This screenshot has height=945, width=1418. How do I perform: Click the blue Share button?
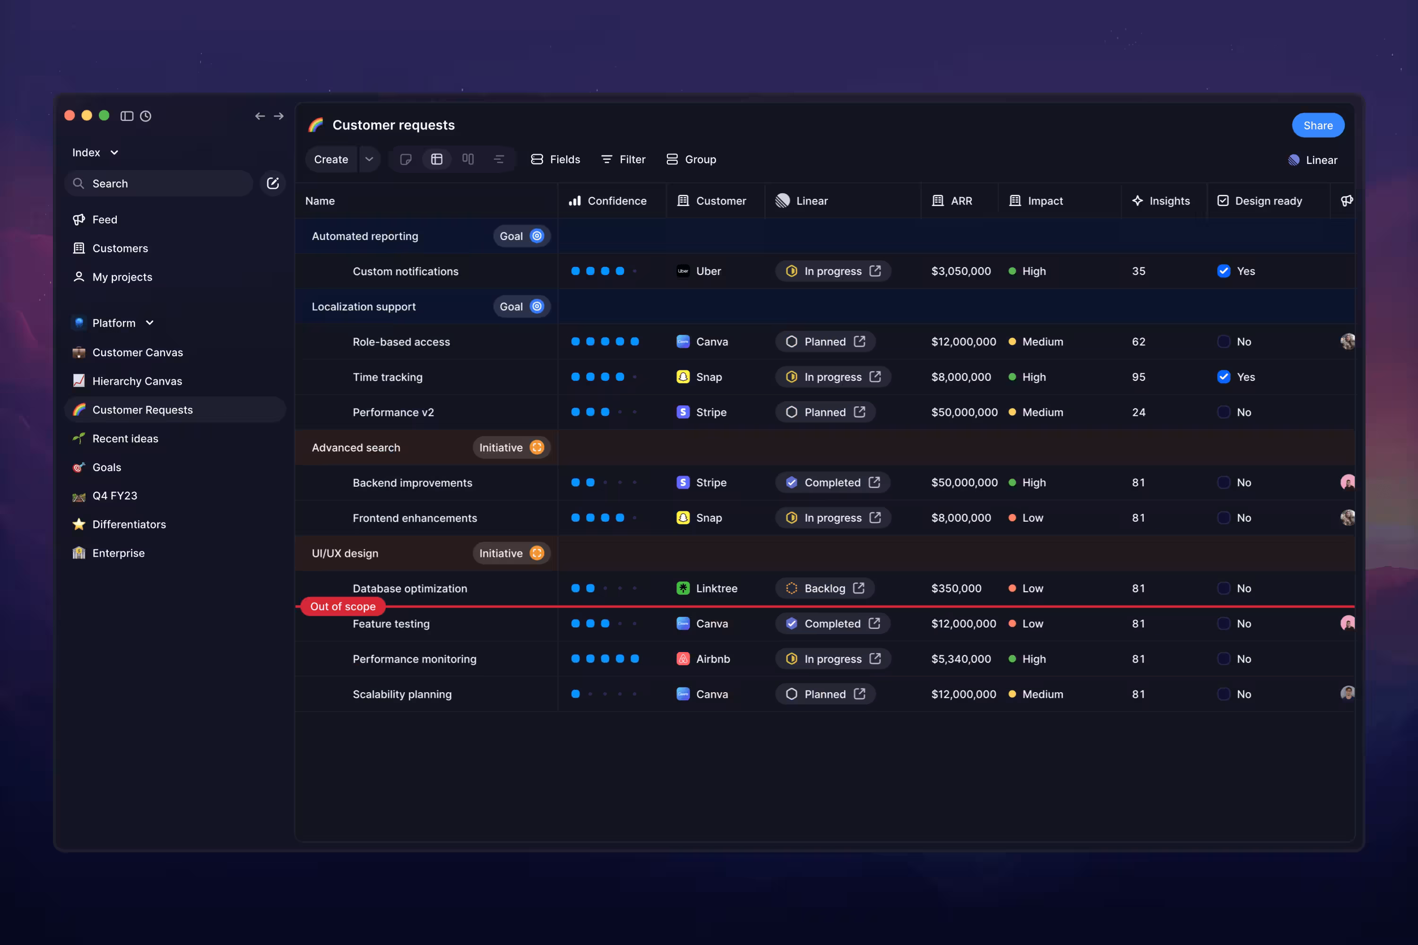click(x=1317, y=125)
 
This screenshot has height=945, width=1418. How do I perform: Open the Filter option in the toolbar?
click(x=623, y=159)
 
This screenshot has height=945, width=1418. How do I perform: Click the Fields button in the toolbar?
click(x=555, y=159)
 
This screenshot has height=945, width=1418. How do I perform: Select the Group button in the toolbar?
click(x=692, y=159)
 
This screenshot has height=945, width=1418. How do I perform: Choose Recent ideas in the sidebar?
click(x=125, y=438)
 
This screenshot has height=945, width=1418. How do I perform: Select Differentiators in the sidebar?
click(x=129, y=524)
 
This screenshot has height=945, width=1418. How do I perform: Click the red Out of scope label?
click(x=342, y=606)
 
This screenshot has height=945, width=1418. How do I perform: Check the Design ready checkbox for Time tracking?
click(x=1223, y=377)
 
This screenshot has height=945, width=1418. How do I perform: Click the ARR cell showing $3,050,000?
click(x=960, y=271)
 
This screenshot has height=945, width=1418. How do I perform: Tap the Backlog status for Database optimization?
click(x=824, y=588)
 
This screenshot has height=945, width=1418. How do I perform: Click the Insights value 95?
click(x=1138, y=377)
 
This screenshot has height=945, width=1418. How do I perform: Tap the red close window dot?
click(x=69, y=116)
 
